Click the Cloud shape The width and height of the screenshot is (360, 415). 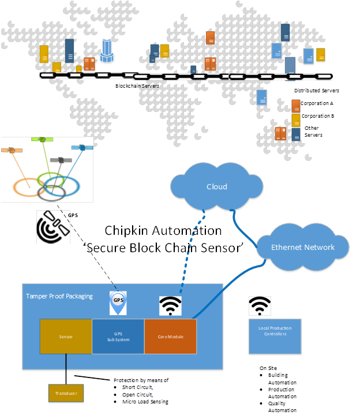pyautogui.click(x=216, y=186)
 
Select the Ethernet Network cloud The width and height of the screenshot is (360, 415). pyautogui.click(x=302, y=247)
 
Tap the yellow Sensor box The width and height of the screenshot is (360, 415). pyautogui.click(x=65, y=335)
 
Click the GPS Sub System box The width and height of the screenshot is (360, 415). pyautogui.click(x=118, y=335)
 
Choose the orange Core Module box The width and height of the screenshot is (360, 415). pyautogui.click(x=170, y=335)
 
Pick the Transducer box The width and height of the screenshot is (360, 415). pyautogui.click(x=65, y=393)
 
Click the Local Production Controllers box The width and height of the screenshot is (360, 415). pyautogui.click(x=275, y=337)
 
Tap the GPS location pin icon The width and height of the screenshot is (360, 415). pyautogui.click(x=118, y=303)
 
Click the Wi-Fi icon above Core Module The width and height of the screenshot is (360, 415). pyautogui.click(x=170, y=306)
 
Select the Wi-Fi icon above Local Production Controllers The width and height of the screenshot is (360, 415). pyautogui.click(x=260, y=306)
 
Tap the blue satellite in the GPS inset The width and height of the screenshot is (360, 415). pyautogui.click(x=82, y=148)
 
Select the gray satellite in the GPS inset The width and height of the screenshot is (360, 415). pyautogui.click(x=58, y=159)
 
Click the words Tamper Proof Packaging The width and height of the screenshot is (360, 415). pyautogui.click(x=59, y=296)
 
